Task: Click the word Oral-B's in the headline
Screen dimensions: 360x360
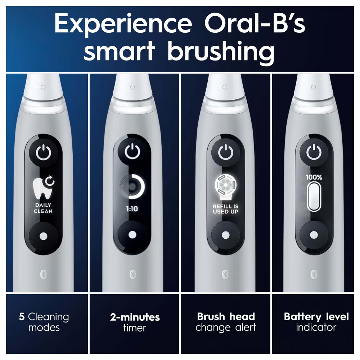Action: coord(255,23)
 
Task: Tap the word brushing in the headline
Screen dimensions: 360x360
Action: coord(221,51)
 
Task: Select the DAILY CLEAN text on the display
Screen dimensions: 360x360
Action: coord(43,208)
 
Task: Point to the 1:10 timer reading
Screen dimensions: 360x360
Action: coord(132,209)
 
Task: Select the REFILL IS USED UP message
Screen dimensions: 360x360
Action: coord(225,209)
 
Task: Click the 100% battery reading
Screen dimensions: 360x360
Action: coord(314,177)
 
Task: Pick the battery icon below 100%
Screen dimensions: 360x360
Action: coord(314,196)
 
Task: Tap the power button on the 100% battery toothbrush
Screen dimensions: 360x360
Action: coord(314,152)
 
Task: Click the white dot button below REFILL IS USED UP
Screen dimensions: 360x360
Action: coord(225,235)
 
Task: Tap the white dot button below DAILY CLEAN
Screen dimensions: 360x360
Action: coord(44,236)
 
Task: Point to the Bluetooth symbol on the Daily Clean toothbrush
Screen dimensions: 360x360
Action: coord(44,275)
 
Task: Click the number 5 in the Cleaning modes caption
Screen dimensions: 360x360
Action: coord(22,317)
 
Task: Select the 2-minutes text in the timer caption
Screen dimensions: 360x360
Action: coord(135,317)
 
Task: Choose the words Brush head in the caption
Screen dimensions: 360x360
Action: coord(226,316)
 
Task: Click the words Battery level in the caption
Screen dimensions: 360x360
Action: coord(316,317)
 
